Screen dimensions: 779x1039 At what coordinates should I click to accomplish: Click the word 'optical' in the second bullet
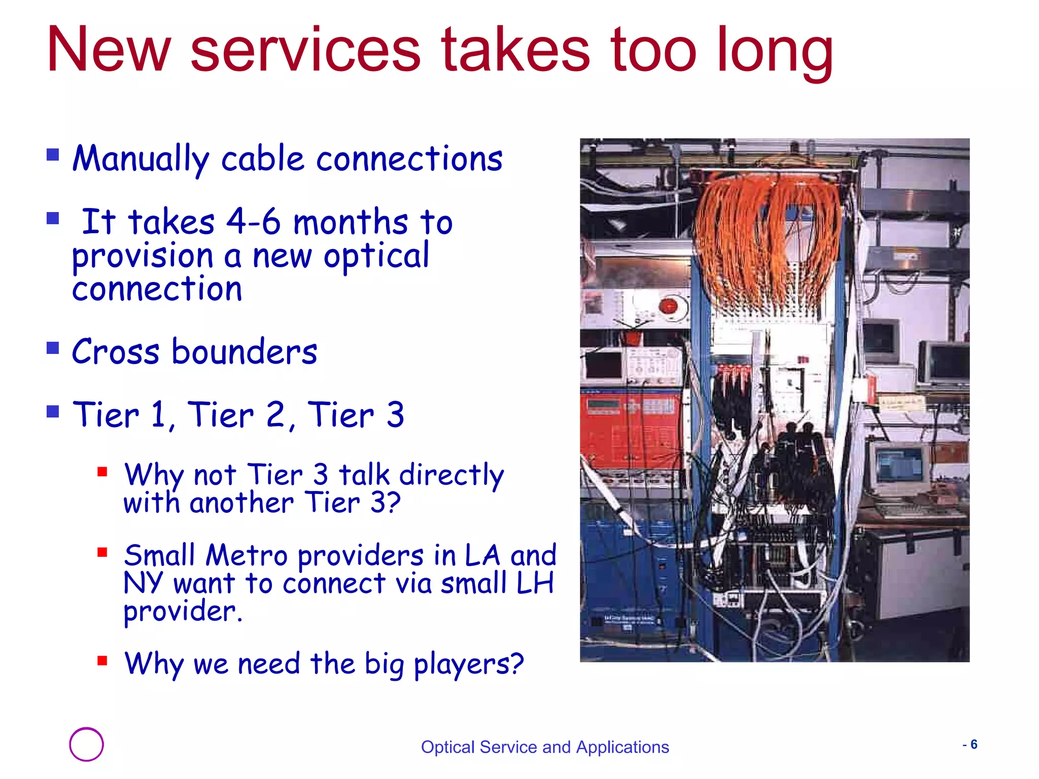[376, 256]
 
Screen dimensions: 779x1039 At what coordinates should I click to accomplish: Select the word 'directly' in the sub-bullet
[452, 475]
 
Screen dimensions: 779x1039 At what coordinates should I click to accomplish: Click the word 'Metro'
[247, 555]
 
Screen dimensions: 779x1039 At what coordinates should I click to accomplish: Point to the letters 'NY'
[143, 583]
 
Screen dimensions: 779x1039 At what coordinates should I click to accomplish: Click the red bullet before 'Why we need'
[102, 660]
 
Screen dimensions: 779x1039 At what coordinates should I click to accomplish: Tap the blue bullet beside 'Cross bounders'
[53, 348]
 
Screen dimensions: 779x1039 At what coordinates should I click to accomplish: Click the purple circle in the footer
[86, 744]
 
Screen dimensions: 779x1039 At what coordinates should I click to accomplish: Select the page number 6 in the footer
[974, 745]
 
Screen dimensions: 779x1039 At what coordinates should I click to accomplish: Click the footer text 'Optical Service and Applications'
[545, 747]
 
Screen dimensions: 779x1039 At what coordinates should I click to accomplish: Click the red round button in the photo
[668, 306]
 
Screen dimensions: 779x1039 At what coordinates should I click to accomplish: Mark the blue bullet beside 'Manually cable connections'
[53, 154]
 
